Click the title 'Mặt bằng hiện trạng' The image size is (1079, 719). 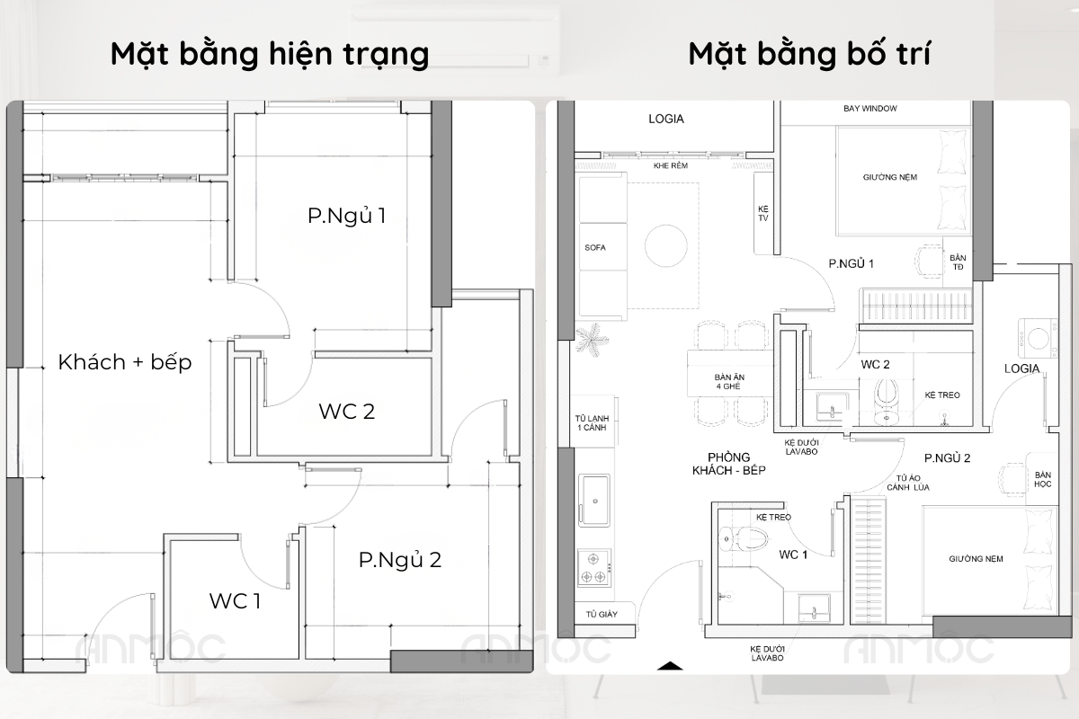click(270, 54)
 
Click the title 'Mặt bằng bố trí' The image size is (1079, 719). click(809, 53)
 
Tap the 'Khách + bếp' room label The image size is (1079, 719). click(125, 362)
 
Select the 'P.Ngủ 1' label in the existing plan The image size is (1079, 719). click(347, 216)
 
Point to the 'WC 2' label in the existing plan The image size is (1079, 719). click(347, 412)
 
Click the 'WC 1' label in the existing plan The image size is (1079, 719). click(235, 601)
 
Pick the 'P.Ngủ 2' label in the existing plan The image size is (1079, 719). click(400, 560)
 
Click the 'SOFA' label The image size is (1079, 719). click(595, 247)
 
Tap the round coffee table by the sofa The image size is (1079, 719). click(666, 245)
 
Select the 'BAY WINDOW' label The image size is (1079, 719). click(870, 109)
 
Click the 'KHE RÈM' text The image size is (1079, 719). click(671, 165)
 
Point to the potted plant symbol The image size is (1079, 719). click(592, 339)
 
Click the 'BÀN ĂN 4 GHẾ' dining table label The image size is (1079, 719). click(729, 381)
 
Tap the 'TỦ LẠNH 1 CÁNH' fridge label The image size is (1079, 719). click(592, 422)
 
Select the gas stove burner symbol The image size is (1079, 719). click(594, 568)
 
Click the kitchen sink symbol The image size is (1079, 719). click(594, 501)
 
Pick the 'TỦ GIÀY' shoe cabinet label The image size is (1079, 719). click(602, 614)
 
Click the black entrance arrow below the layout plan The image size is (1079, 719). click(670, 666)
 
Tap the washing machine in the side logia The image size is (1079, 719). click(1038, 338)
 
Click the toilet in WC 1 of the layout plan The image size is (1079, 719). click(744, 538)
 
